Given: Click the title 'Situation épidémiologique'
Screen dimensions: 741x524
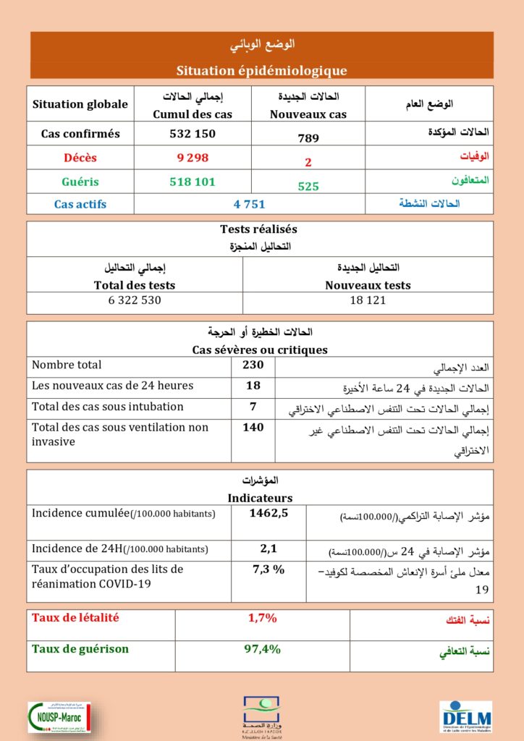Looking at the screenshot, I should (261, 70).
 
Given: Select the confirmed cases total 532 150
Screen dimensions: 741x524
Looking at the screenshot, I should (192, 134).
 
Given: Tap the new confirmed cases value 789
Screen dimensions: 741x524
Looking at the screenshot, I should (308, 138).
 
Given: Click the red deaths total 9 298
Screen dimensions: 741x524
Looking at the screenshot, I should (192, 158).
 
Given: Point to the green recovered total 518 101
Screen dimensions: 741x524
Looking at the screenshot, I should (192, 182).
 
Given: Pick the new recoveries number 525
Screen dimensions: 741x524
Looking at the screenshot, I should (308, 186).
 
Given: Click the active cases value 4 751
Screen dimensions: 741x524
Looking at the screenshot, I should (250, 204).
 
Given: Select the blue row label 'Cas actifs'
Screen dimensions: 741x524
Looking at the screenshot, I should (80, 204).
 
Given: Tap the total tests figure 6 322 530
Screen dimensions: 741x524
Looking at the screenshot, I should (135, 300).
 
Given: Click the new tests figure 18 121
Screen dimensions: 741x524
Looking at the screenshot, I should (367, 300).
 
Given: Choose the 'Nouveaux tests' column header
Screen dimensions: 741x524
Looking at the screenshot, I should (367, 285).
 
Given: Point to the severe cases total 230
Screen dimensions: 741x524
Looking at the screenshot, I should (253, 365).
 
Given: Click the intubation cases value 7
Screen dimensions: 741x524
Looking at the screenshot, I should (253, 407).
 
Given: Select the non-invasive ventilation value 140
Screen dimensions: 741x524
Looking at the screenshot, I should (253, 428).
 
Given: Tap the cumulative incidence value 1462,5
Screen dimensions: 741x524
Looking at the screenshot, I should (269, 514).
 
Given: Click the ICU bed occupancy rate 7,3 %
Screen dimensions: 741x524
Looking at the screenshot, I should (269, 569).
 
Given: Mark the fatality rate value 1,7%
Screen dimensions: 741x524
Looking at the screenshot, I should (262, 618).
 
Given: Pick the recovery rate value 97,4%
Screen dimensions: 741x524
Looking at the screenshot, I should (262, 649).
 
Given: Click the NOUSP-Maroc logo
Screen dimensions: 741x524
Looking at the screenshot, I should (56, 716).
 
